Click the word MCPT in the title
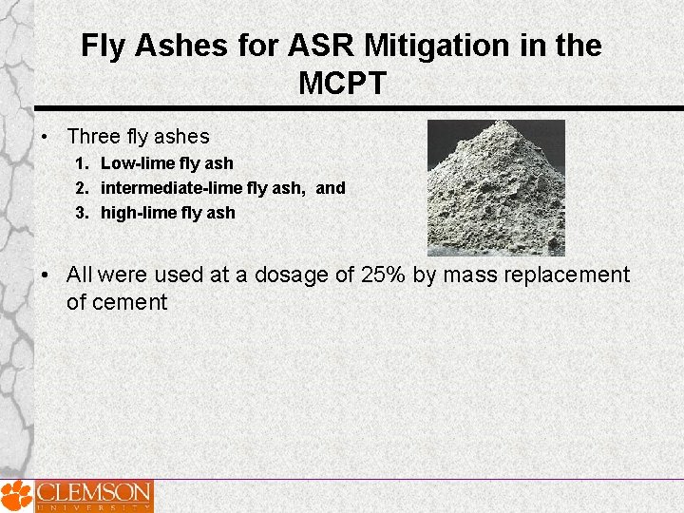click(x=341, y=84)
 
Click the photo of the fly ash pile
click(x=496, y=187)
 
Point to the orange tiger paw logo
click(x=16, y=496)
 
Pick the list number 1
click(x=81, y=163)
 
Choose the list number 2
click(x=81, y=188)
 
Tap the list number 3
click(x=81, y=213)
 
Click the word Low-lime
click(x=138, y=163)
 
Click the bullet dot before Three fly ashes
click(x=45, y=138)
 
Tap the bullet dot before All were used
click(x=45, y=275)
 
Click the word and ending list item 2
click(x=331, y=188)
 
